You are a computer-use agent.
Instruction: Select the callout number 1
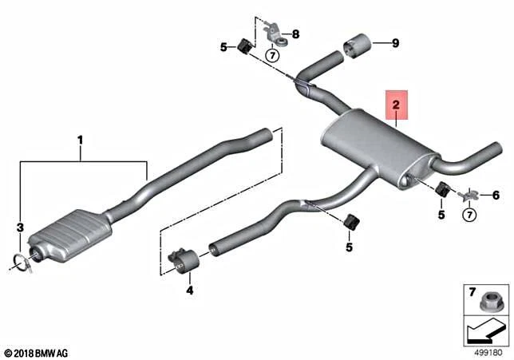coord(80,140)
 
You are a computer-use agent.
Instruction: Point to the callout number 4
coord(189,291)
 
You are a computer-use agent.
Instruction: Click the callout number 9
coord(393,44)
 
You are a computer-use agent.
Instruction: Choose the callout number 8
coord(295,34)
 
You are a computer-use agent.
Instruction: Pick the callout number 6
coord(495,195)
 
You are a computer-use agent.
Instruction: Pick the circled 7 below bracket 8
coord(271,55)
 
